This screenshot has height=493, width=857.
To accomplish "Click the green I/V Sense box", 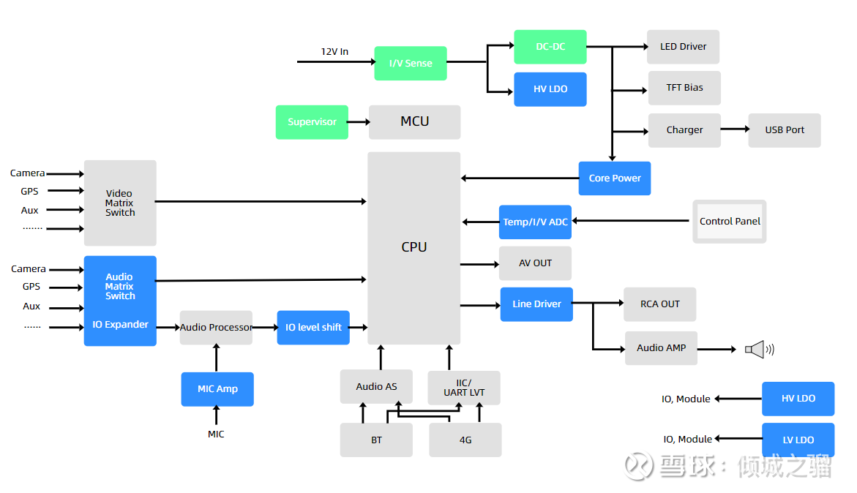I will (x=411, y=64).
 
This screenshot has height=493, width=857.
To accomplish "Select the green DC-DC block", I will (x=550, y=47).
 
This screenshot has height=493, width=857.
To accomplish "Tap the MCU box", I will (x=414, y=122).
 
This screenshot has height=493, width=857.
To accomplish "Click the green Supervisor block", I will (x=312, y=122).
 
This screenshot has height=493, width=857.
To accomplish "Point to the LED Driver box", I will (x=683, y=47).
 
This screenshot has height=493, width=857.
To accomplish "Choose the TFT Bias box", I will (x=684, y=88).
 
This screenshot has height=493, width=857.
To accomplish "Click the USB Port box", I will (x=785, y=130).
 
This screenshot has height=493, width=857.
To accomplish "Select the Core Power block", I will (x=615, y=178).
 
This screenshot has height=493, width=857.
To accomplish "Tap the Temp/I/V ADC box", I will (x=535, y=222).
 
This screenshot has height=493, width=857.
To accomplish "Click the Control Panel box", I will (x=730, y=222).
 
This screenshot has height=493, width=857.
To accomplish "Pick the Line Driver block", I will (x=536, y=304).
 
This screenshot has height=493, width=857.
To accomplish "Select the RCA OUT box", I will (x=659, y=304).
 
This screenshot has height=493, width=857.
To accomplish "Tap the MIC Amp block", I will (x=217, y=389).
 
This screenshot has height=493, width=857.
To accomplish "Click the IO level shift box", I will (x=313, y=328).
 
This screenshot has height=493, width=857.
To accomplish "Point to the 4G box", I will (x=465, y=440).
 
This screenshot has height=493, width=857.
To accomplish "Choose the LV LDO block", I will (x=798, y=440).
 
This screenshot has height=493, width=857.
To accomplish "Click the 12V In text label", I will (x=334, y=52).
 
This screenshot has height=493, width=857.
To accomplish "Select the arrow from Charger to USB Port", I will (x=735, y=129).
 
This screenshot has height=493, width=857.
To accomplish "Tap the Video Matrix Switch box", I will (x=120, y=203).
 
